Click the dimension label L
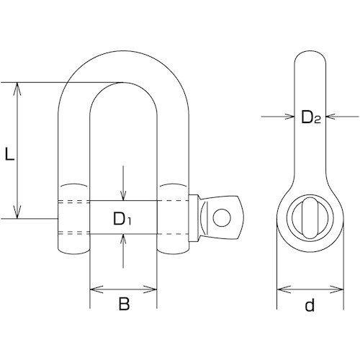tap(9, 154)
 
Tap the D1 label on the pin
tap(122, 219)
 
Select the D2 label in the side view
tap(311, 117)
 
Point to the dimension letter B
tap(124, 304)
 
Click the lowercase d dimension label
tap(310, 305)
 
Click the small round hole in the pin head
tap(222, 217)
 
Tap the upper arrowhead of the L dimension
tap(17, 89)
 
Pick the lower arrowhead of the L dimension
tap(17, 212)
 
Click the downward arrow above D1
tap(123, 183)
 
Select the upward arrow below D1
tap(123, 251)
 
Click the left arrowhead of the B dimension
tap(96, 289)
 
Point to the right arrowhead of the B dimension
tap(150, 289)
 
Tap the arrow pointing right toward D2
tap(278, 117)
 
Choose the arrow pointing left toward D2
tap(343, 117)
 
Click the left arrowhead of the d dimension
tap(284, 289)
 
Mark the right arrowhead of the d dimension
tap(337, 289)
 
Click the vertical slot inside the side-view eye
tap(310, 218)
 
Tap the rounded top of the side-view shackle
tap(310, 52)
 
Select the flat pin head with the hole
tap(221, 217)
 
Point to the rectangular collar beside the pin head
tap(194, 218)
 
